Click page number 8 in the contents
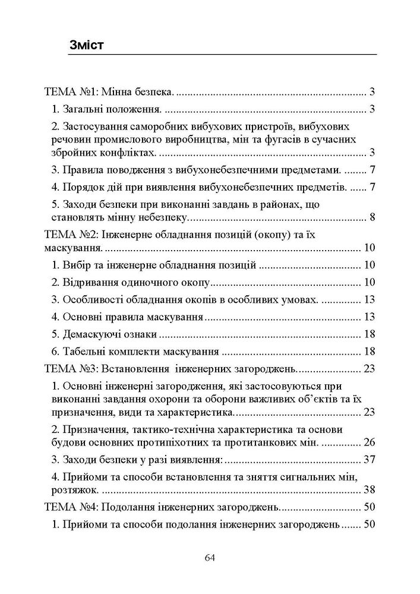[x=371, y=216]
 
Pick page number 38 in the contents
[x=368, y=491]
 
